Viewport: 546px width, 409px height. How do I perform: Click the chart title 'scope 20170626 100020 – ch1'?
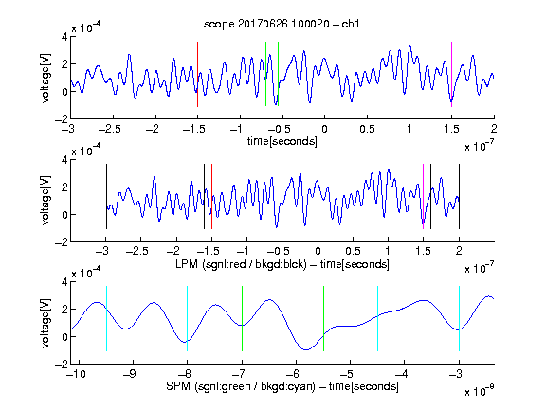pyautogui.click(x=282, y=24)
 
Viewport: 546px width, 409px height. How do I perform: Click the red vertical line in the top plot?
pyautogui.click(x=197, y=74)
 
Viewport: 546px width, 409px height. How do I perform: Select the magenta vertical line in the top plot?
pyautogui.click(x=451, y=74)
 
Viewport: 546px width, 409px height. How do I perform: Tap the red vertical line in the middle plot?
pyautogui.click(x=211, y=197)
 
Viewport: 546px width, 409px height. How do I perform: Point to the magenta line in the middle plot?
pyautogui.click(x=423, y=197)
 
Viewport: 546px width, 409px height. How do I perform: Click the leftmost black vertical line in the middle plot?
pyautogui.click(x=106, y=197)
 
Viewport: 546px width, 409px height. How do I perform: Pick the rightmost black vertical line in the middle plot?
pyautogui.click(x=459, y=197)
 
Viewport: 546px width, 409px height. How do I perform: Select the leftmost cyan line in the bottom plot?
pyautogui.click(x=106, y=318)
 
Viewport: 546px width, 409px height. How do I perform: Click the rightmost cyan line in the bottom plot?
pyautogui.click(x=459, y=318)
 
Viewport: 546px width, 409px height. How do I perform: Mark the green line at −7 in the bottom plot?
pyautogui.click(x=242, y=318)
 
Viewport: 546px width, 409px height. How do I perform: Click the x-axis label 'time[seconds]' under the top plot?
pyautogui.click(x=282, y=141)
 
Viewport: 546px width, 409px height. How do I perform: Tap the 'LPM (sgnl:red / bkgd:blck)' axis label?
pyautogui.click(x=241, y=264)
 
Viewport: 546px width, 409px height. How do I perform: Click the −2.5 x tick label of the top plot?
pyautogui.click(x=110, y=129)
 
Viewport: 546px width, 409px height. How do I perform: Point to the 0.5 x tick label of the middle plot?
pyautogui.click(x=353, y=251)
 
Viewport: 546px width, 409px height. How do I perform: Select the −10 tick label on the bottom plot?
pyautogui.click(x=76, y=374)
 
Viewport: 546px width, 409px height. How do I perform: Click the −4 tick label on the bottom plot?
pyautogui.click(x=402, y=374)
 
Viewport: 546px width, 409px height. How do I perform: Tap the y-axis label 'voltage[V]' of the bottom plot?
pyautogui.click(x=45, y=323)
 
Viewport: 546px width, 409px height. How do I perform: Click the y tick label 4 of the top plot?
pyautogui.click(x=64, y=36)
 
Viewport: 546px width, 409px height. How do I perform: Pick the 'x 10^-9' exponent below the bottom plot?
pyautogui.click(x=480, y=391)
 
